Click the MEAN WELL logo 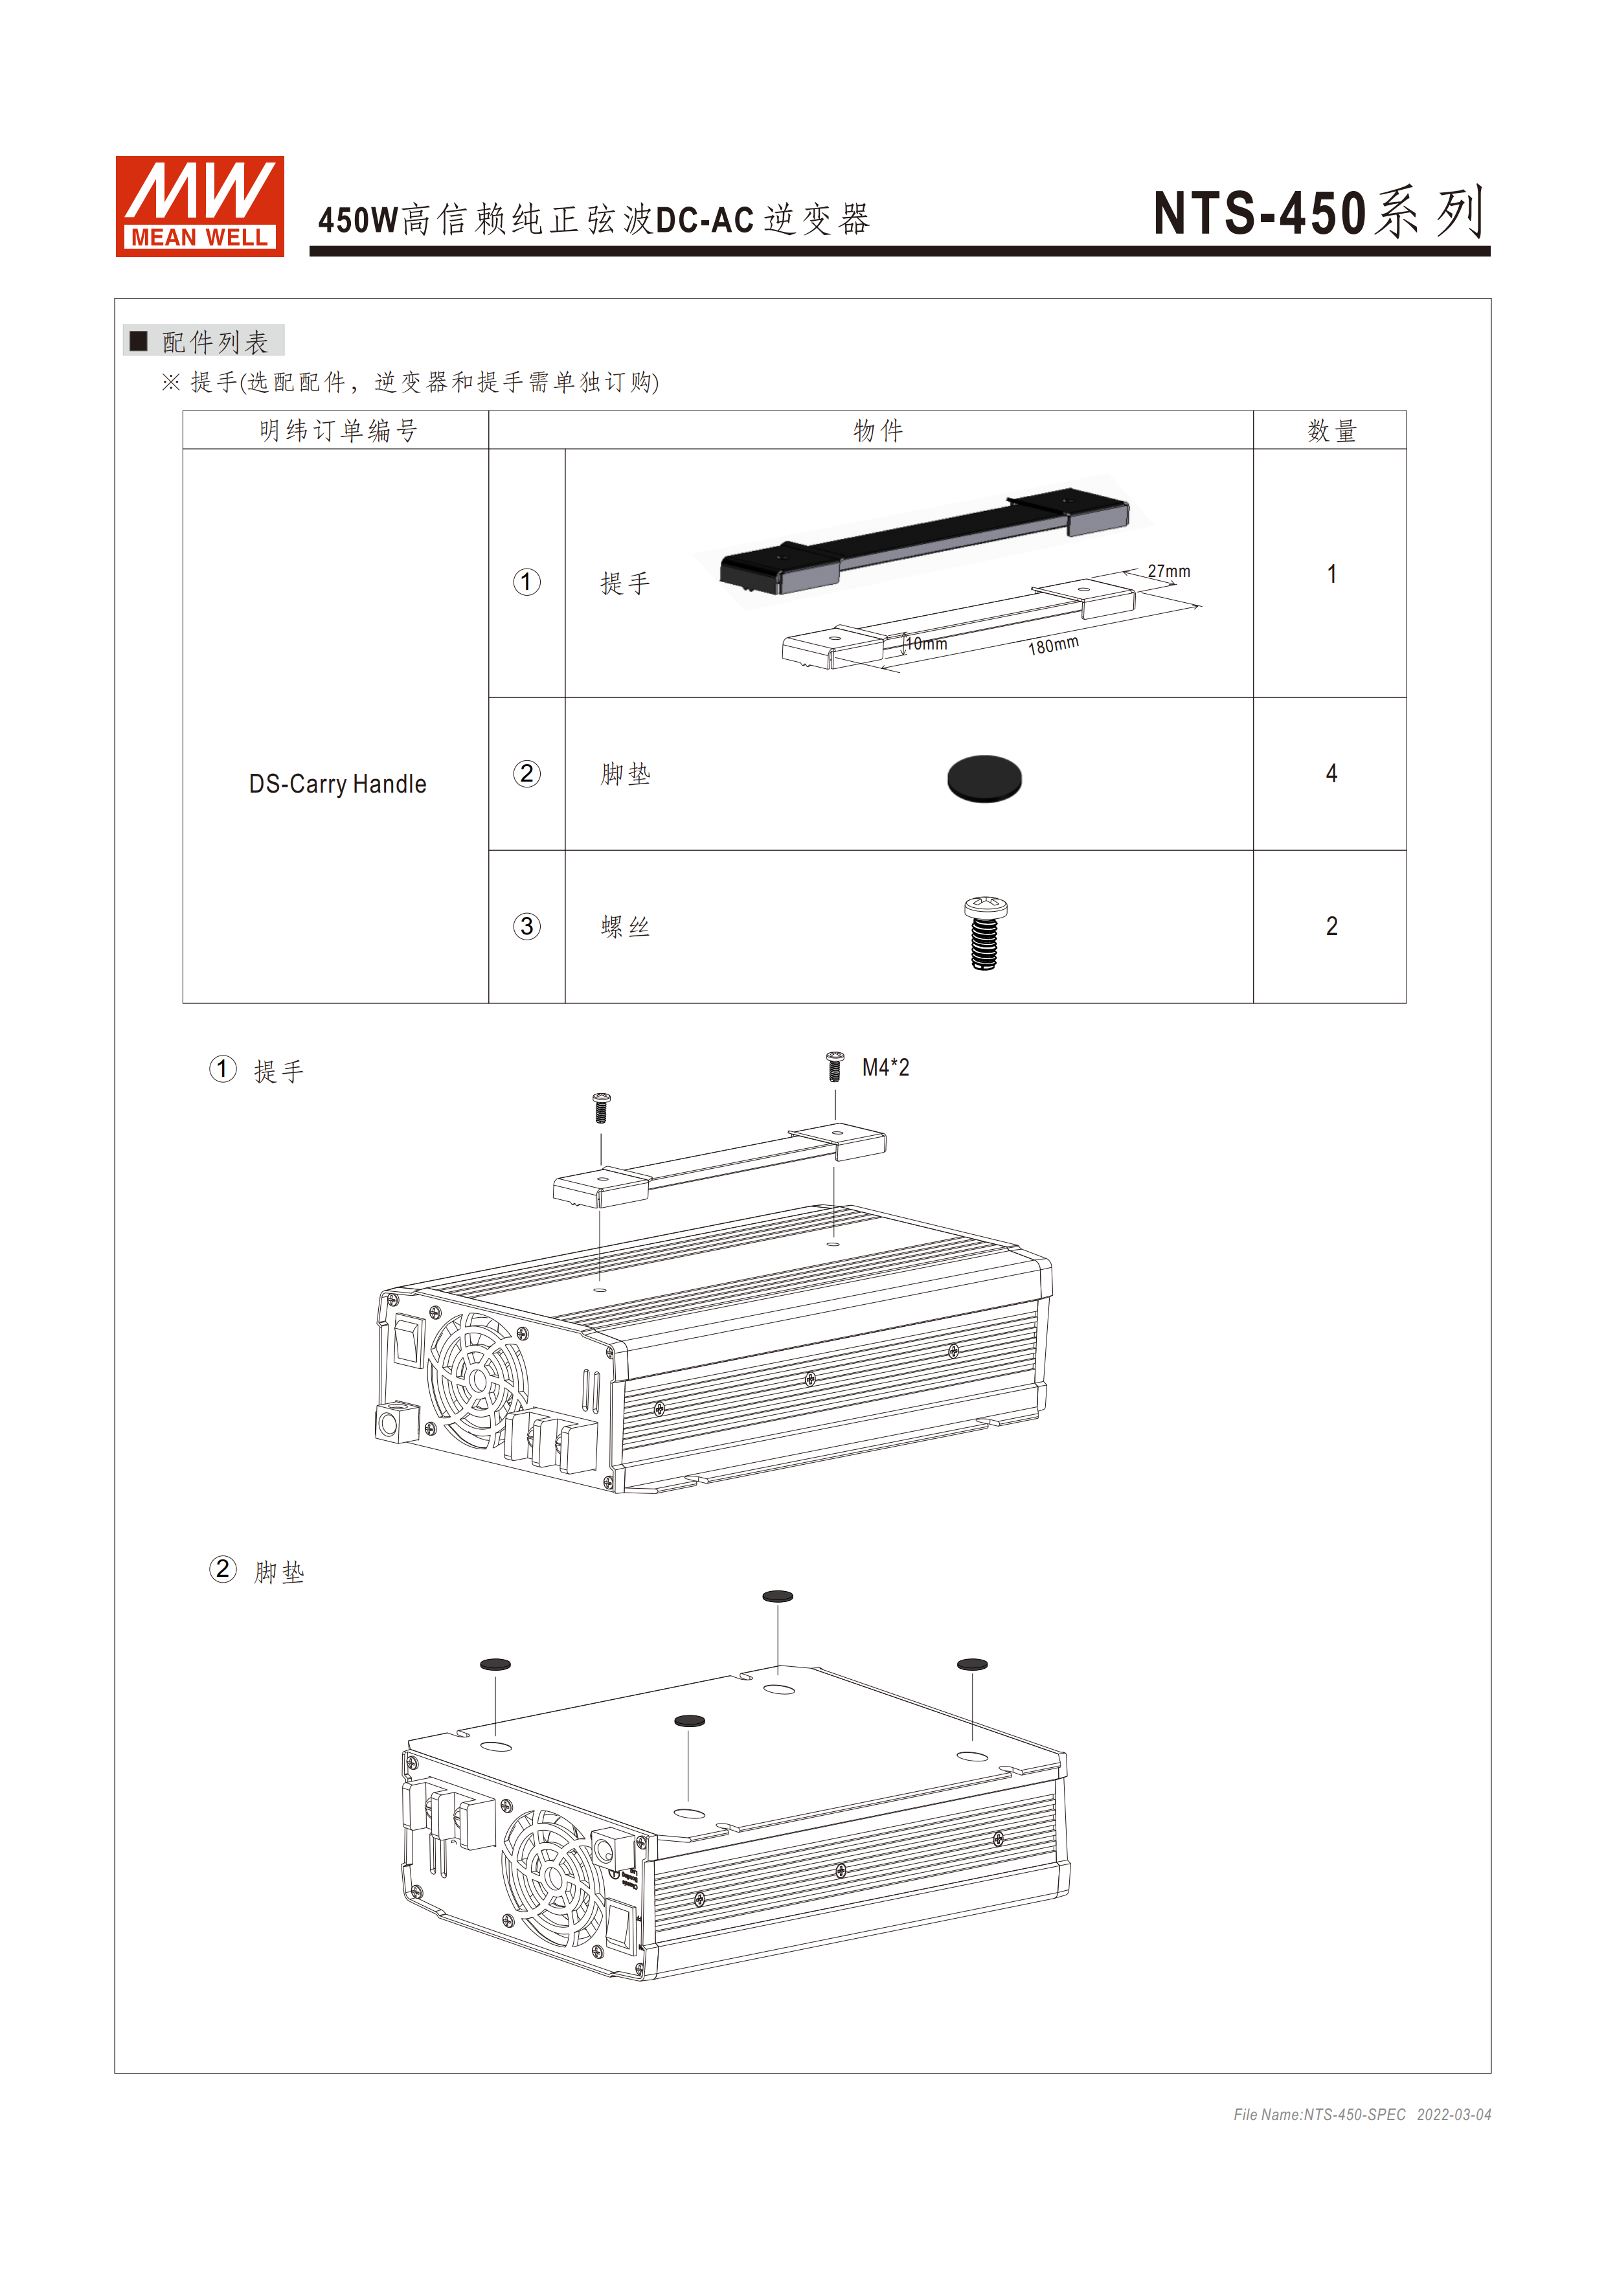199,206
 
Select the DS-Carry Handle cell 337,784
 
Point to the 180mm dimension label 1052,645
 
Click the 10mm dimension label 927,643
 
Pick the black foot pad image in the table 984,778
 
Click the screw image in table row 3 985,932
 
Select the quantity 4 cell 1330,773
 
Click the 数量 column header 1330,430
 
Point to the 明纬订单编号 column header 337,430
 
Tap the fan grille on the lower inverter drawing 554,1877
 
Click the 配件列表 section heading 214,341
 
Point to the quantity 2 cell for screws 1330,926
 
